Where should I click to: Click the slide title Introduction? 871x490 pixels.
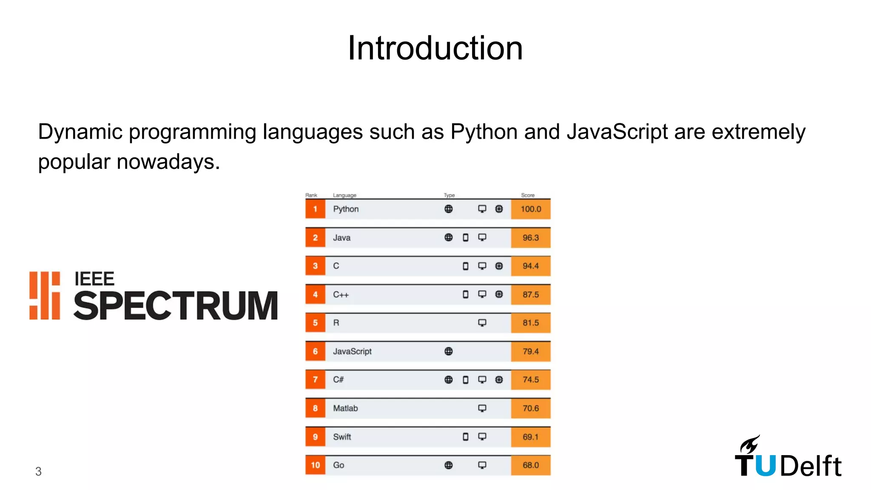pos(435,48)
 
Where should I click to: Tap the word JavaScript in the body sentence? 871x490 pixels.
pos(617,132)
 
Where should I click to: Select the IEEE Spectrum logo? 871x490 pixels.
pos(154,296)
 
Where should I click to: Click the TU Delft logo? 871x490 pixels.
pos(788,457)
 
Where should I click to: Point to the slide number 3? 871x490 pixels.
pos(38,471)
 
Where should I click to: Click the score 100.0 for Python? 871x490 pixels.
pos(531,209)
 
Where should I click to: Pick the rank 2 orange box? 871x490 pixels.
pos(315,238)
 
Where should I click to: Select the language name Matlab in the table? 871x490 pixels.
pos(345,408)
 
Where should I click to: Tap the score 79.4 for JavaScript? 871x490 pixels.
pos(531,351)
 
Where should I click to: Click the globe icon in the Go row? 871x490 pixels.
pos(448,465)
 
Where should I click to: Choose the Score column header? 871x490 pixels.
pos(528,195)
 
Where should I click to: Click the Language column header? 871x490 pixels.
pos(344,195)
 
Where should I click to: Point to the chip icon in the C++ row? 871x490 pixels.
pos(499,294)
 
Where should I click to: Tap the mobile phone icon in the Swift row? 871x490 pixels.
pos(465,437)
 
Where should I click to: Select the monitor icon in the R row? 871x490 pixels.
pos(482,323)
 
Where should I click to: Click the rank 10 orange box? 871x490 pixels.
pos(315,465)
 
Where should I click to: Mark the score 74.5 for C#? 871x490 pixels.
pos(531,380)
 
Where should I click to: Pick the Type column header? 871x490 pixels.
pos(449,195)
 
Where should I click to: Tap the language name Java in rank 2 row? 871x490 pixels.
pos(342,238)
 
